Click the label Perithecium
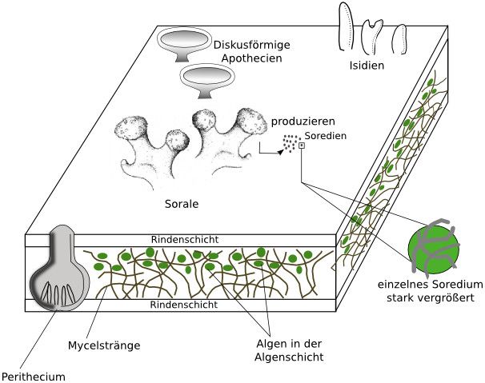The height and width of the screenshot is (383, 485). (x=34, y=377)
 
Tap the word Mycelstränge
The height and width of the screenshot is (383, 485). (x=104, y=345)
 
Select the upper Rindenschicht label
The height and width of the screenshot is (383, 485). (x=185, y=240)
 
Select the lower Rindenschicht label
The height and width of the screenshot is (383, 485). (x=184, y=305)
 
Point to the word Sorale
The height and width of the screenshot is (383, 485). (x=182, y=204)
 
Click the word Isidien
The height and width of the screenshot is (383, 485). (x=367, y=66)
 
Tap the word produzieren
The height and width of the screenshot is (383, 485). (x=303, y=122)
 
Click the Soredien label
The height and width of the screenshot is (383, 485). (x=326, y=136)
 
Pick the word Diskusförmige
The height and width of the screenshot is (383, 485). (x=252, y=45)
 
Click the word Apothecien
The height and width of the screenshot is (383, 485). (x=252, y=58)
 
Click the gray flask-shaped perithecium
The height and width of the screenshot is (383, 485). (x=60, y=269)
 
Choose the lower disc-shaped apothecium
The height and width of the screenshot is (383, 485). (x=207, y=81)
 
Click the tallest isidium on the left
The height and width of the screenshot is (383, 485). (x=347, y=26)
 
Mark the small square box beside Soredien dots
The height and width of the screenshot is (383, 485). (x=302, y=146)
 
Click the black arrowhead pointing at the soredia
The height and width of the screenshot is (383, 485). (x=280, y=152)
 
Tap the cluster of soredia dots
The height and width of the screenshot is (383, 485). (x=291, y=143)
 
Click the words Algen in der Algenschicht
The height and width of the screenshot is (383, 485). (x=289, y=350)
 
